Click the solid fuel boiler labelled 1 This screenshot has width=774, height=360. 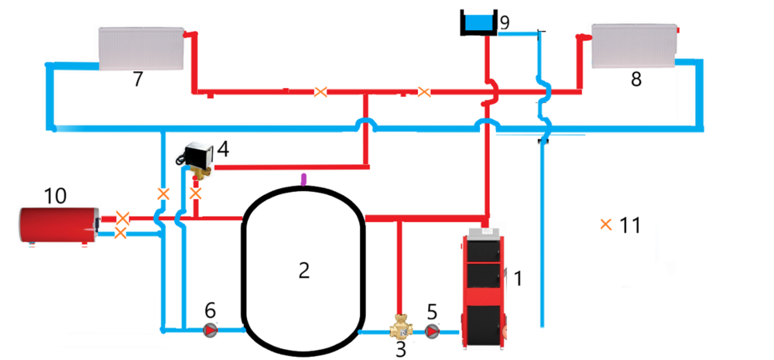[x=485, y=286]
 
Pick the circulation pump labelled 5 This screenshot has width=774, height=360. [x=433, y=332]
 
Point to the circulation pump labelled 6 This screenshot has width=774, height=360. [x=210, y=331]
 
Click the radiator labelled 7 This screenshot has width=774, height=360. [x=140, y=49]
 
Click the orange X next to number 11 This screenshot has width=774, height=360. [x=605, y=225]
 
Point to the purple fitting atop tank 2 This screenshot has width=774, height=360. [x=303, y=180]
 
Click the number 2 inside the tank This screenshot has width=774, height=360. [x=304, y=269]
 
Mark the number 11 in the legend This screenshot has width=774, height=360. [x=631, y=225]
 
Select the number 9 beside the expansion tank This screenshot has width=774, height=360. [x=504, y=22]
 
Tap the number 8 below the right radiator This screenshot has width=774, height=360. [x=636, y=80]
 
